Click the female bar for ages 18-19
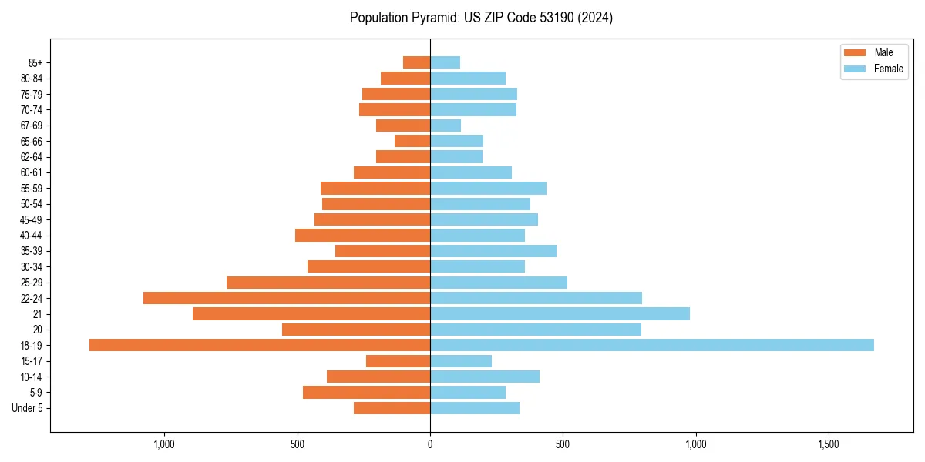point(651,345)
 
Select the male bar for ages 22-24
point(287,298)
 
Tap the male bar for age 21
point(311,313)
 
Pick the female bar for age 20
point(536,330)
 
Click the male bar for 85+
point(417,62)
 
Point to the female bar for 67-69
point(446,126)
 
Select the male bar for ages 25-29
point(328,283)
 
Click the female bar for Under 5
point(475,408)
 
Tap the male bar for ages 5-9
point(366,392)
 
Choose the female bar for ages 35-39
point(493,251)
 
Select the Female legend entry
point(873,69)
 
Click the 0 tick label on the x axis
point(430,444)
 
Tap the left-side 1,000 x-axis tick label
point(164,444)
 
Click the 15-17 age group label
point(31,361)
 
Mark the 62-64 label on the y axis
point(31,157)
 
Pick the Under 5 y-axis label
point(27,408)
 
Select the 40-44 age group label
point(31,236)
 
